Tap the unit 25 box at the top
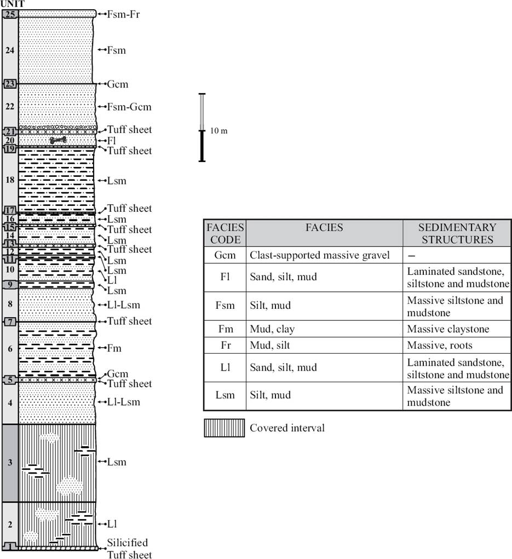10,14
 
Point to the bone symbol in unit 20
58,141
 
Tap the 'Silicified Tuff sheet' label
128,549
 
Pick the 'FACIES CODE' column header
225,233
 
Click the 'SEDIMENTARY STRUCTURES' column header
457,233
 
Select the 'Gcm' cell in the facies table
225,255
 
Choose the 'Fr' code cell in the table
225,345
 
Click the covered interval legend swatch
224,428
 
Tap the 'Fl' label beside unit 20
112,141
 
